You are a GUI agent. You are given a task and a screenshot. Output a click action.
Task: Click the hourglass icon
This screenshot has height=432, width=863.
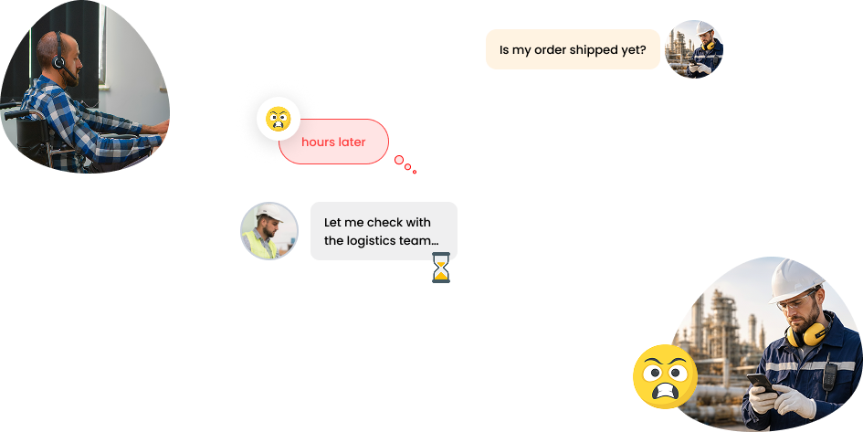click(x=441, y=268)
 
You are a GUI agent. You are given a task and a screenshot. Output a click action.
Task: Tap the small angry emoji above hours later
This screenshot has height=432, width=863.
click(x=279, y=119)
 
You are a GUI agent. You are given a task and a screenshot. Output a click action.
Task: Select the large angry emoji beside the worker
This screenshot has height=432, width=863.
click(x=666, y=376)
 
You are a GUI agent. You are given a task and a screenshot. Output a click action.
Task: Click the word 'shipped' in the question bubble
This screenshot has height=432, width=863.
click(x=591, y=49)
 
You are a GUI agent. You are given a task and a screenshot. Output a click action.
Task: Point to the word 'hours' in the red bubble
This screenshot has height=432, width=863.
click(x=317, y=142)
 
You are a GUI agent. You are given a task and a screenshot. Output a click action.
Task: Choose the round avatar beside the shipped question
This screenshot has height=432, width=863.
click(x=694, y=49)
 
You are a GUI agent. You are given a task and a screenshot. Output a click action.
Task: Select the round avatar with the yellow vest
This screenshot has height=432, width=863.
click(x=269, y=231)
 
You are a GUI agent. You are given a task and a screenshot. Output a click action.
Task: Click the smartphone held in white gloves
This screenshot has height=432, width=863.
click(x=762, y=384)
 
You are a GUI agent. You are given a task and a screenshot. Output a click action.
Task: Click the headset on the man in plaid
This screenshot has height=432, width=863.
click(x=59, y=56)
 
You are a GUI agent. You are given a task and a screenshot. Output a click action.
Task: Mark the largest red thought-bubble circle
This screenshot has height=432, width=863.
click(x=399, y=160)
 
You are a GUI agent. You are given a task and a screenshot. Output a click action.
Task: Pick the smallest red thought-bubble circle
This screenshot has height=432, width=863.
click(x=415, y=173)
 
